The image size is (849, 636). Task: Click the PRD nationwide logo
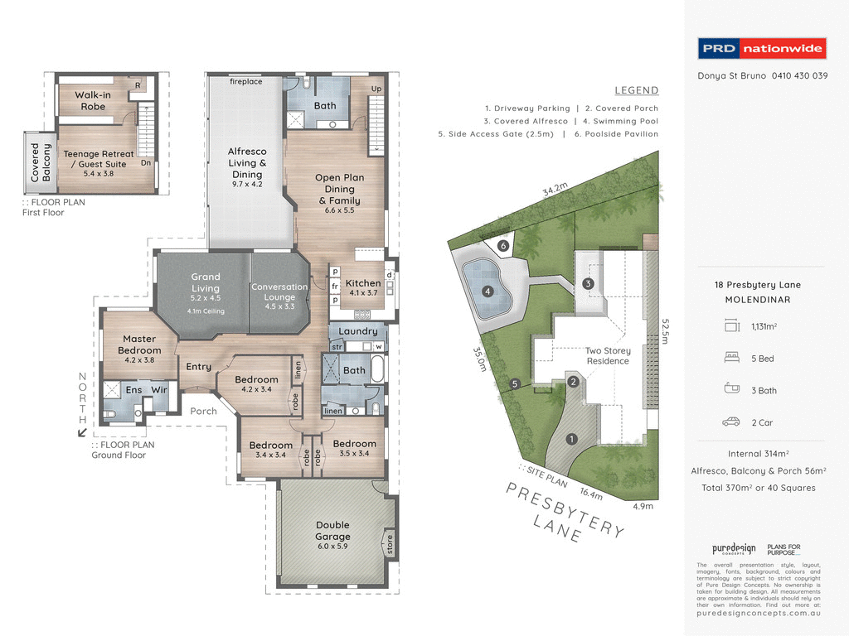(x=762, y=49)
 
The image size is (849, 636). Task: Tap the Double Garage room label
(x=332, y=530)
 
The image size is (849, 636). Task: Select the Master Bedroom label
(x=139, y=344)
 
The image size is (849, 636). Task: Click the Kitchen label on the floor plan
(x=362, y=287)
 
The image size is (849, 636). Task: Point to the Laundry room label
(x=357, y=331)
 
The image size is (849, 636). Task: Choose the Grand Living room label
(x=206, y=282)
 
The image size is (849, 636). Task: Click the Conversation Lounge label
(x=279, y=291)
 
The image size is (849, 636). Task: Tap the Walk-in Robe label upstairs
(x=93, y=100)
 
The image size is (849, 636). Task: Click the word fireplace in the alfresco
(x=246, y=82)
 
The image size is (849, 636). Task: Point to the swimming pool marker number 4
(x=488, y=291)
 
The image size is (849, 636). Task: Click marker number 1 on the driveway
(x=571, y=439)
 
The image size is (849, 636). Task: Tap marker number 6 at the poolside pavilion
(x=502, y=245)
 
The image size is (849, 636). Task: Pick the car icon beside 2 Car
(x=730, y=422)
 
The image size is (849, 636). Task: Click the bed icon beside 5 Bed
(x=730, y=358)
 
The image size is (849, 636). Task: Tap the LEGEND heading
(x=636, y=90)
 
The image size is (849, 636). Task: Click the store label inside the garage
(x=388, y=544)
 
